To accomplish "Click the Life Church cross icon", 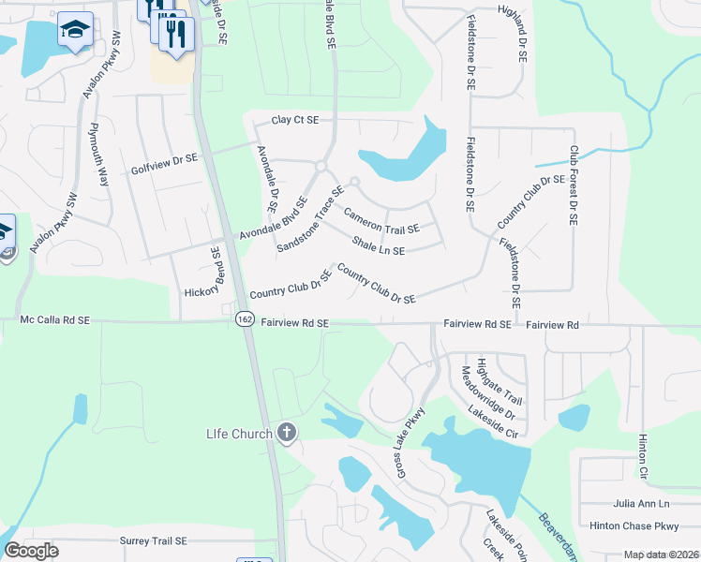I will (287, 433).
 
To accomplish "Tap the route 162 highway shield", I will (245, 319).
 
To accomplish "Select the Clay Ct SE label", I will (295, 121).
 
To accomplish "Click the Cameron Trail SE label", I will (381, 222).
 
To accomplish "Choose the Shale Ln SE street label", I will (378, 245).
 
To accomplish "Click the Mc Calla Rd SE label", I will (54, 319).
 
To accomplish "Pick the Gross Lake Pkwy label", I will (410, 439).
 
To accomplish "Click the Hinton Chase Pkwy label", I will (634, 526).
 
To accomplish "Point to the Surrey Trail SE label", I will (154, 541).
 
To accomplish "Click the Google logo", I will (31, 551).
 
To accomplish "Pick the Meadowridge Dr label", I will (488, 392).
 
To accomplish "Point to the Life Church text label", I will (239, 434).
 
